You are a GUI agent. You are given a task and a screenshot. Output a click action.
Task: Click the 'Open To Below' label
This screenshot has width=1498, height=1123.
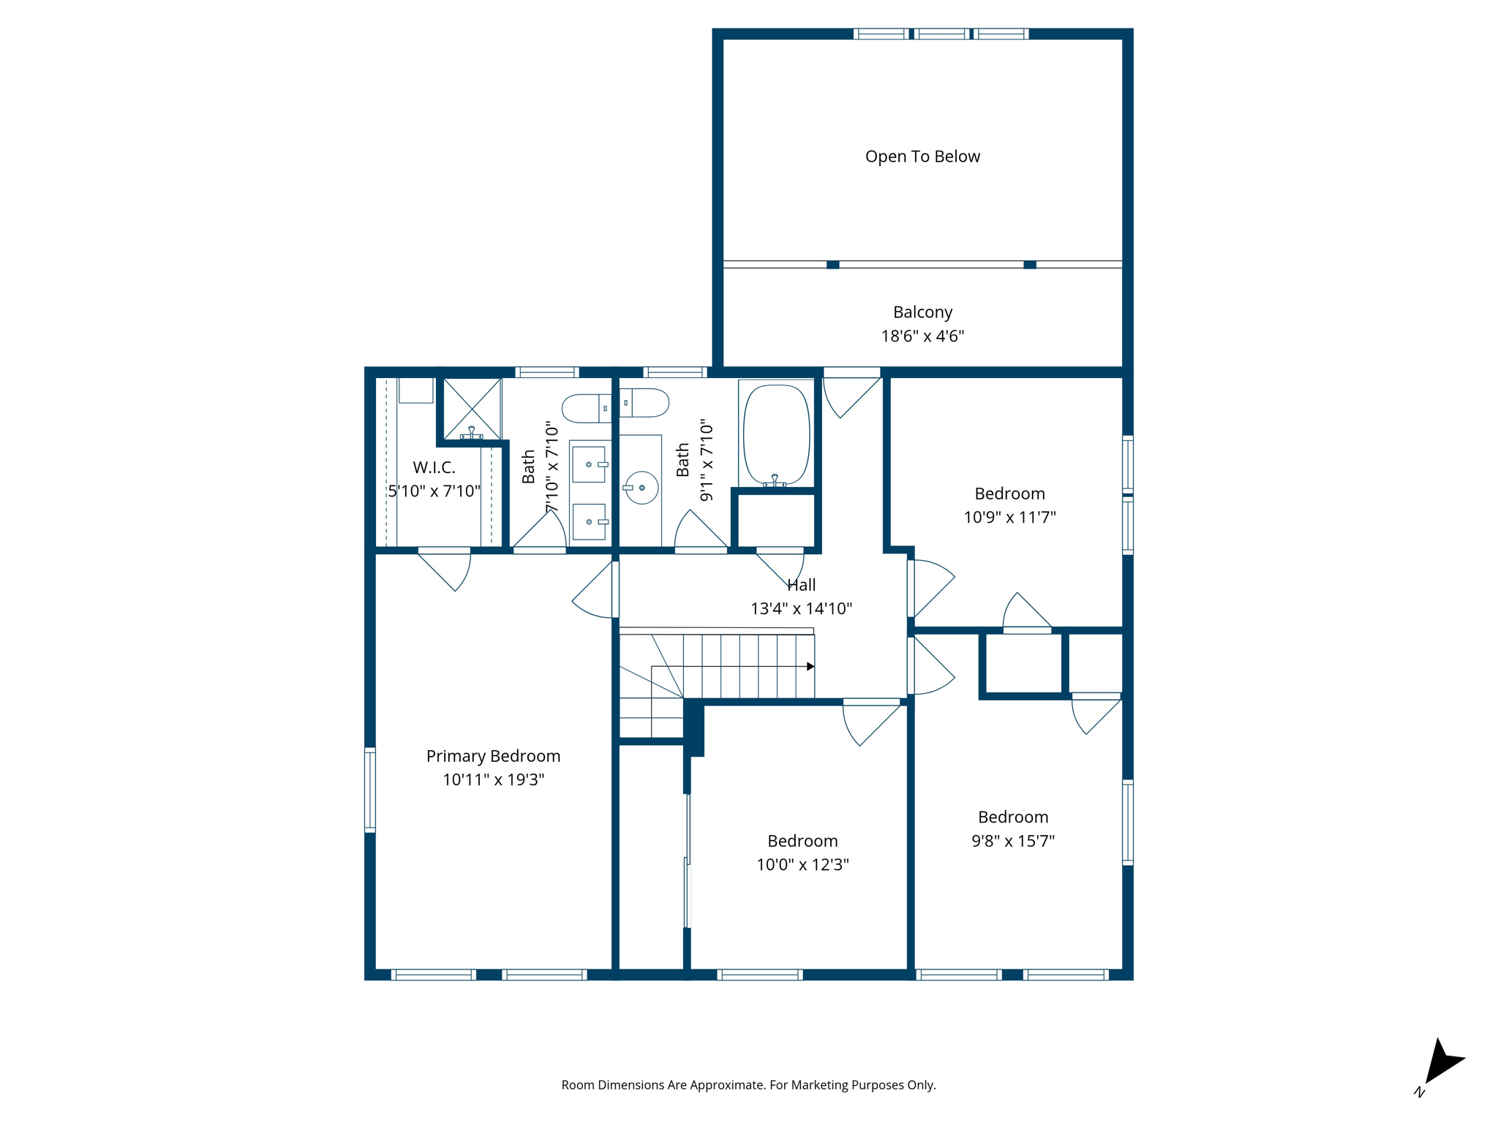922,156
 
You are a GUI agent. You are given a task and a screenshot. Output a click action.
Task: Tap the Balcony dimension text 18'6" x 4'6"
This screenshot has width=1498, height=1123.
922,336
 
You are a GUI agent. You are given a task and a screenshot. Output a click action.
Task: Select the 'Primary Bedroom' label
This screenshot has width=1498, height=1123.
493,756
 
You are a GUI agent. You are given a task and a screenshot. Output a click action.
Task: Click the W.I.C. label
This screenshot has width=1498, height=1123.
434,467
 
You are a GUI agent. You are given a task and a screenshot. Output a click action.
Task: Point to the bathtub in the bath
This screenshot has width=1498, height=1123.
776,434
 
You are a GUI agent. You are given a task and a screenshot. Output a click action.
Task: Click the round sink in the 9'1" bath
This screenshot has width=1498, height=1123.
641,488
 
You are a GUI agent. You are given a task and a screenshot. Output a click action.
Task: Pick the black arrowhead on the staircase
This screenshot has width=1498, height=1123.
810,666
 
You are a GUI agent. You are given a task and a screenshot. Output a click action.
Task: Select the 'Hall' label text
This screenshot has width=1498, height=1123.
801,585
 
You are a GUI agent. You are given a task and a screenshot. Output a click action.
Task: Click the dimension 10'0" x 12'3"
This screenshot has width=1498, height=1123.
802,865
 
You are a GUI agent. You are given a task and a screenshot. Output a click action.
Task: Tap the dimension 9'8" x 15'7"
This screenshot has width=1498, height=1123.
1013,841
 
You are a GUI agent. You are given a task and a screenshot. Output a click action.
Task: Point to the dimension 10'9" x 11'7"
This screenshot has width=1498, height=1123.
1009,518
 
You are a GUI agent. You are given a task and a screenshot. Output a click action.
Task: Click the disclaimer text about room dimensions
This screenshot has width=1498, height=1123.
748,1085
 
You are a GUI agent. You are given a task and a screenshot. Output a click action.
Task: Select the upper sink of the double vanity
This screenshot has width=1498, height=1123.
589,464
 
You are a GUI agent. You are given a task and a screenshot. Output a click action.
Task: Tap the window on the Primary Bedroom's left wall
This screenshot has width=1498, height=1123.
370,790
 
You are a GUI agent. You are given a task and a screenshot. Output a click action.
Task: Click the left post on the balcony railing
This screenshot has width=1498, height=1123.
832,265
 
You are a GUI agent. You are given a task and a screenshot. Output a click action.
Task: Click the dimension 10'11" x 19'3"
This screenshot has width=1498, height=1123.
493,780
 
